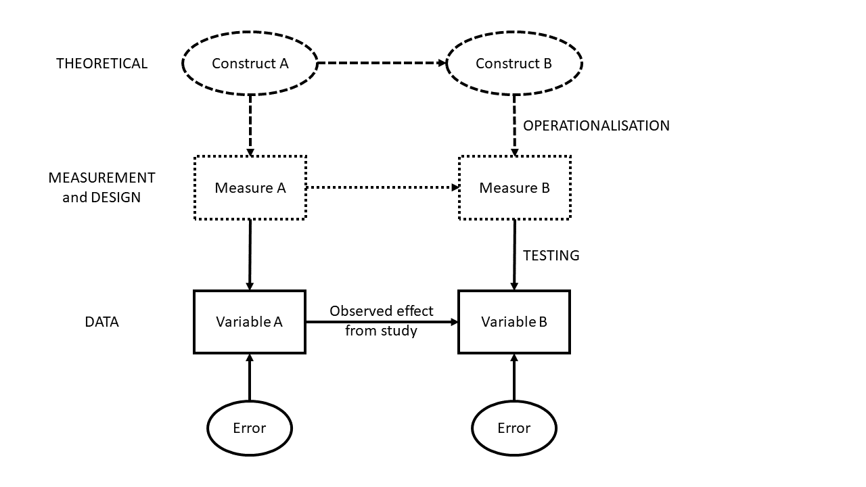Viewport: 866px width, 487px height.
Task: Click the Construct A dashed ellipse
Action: pos(250,64)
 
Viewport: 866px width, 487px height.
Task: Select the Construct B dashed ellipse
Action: pos(514,64)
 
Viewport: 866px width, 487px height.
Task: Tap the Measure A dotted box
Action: pos(250,188)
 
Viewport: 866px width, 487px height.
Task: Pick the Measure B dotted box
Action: pos(514,188)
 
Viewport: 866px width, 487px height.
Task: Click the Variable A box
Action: pos(250,322)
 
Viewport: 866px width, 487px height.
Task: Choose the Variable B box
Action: pos(514,322)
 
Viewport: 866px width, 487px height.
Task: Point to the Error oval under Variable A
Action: pos(250,428)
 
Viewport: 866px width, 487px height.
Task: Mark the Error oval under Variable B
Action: pos(514,428)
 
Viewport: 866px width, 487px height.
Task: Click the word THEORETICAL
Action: pos(101,64)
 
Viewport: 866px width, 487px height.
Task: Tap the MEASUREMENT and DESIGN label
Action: pos(101,187)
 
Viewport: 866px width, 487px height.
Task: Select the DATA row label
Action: pos(101,322)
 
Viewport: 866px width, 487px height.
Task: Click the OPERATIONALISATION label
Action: pos(596,126)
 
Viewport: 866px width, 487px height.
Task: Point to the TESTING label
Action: pos(551,256)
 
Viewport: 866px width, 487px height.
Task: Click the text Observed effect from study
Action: pos(382,321)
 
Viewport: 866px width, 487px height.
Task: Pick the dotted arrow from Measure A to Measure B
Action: pos(382,187)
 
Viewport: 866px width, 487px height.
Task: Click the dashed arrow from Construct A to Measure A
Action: pos(250,125)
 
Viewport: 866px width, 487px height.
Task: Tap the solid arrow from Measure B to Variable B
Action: pos(514,255)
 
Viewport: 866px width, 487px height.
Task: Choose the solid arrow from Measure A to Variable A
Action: pos(250,255)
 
